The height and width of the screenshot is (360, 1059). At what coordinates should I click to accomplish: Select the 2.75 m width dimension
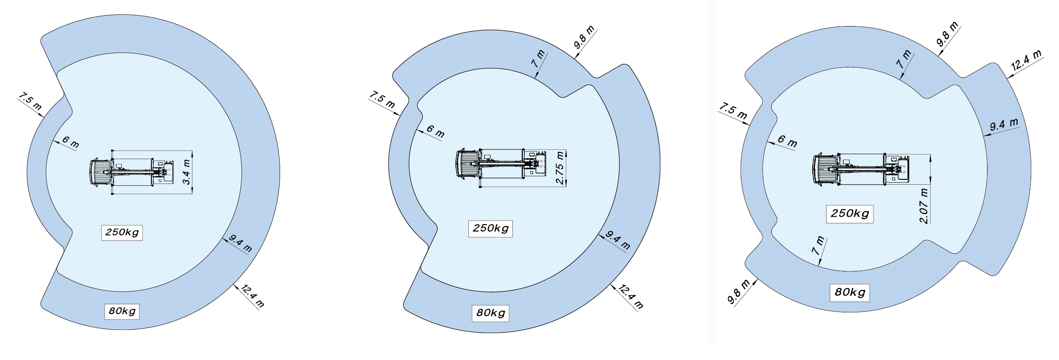click(560, 168)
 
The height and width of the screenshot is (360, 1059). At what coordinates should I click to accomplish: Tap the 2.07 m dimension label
click(925, 206)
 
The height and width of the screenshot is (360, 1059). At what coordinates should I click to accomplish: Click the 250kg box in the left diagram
click(122, 233)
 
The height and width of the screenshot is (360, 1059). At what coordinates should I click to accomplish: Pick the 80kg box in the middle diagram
click(490, 313)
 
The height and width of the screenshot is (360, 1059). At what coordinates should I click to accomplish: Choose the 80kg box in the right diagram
click(850, 293)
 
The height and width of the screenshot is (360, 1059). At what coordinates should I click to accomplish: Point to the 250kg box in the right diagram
click(850, 213)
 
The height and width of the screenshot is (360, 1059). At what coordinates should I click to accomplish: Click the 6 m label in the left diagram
click(71, 142)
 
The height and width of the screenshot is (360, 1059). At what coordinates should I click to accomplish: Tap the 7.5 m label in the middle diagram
click(382, 100)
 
